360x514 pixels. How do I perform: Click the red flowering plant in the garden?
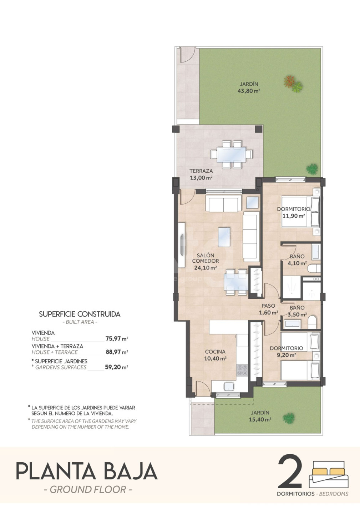pyautogui.click(x=289, y=81)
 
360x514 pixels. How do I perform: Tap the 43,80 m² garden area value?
pyautogui.click(x=249, y=91)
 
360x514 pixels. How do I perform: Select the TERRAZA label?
pyautogui.click(x=201, y=171)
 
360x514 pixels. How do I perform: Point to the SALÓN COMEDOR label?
pyautogui.click(x=206, y=258)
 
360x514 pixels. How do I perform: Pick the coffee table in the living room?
pyautogui.click(x=224, y=237)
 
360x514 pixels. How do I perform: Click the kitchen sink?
pyautogui.click(x=229, y=387)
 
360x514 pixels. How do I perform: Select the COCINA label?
pyautogui.click(x=215, y=352)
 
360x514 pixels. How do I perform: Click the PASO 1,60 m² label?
pyautogui.click(x=268, y=309)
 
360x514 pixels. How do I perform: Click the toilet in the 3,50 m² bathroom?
pyautogui.click(x=312, y=322)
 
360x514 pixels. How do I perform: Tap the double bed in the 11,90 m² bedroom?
pyautogui.click(x=300, y=212)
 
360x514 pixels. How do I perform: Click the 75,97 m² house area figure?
pyautogui.click(x=117, y=338)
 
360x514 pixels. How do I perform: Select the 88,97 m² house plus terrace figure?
pyautogui.click(x=117, y=352)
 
